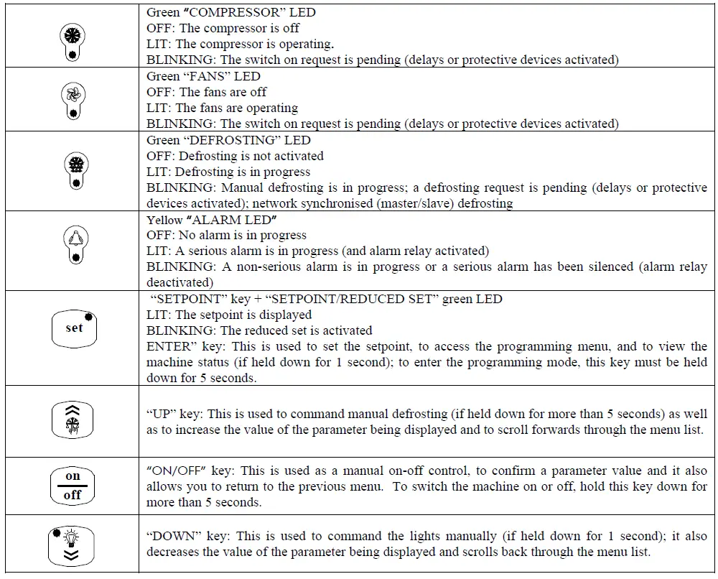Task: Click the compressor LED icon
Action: (73, 40)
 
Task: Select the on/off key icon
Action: (73, 486)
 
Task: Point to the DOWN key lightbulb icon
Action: (73, 546)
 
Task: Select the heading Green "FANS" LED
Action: (203, 76)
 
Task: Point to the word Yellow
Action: (164, 219)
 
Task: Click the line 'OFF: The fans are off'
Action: (207, 92)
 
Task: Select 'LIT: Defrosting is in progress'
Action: (228, 172)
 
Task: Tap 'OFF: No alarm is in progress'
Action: (226, 235)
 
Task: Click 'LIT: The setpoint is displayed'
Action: (229, 315)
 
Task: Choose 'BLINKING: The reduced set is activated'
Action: (259, 330)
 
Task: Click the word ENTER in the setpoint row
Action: (169, 346)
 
